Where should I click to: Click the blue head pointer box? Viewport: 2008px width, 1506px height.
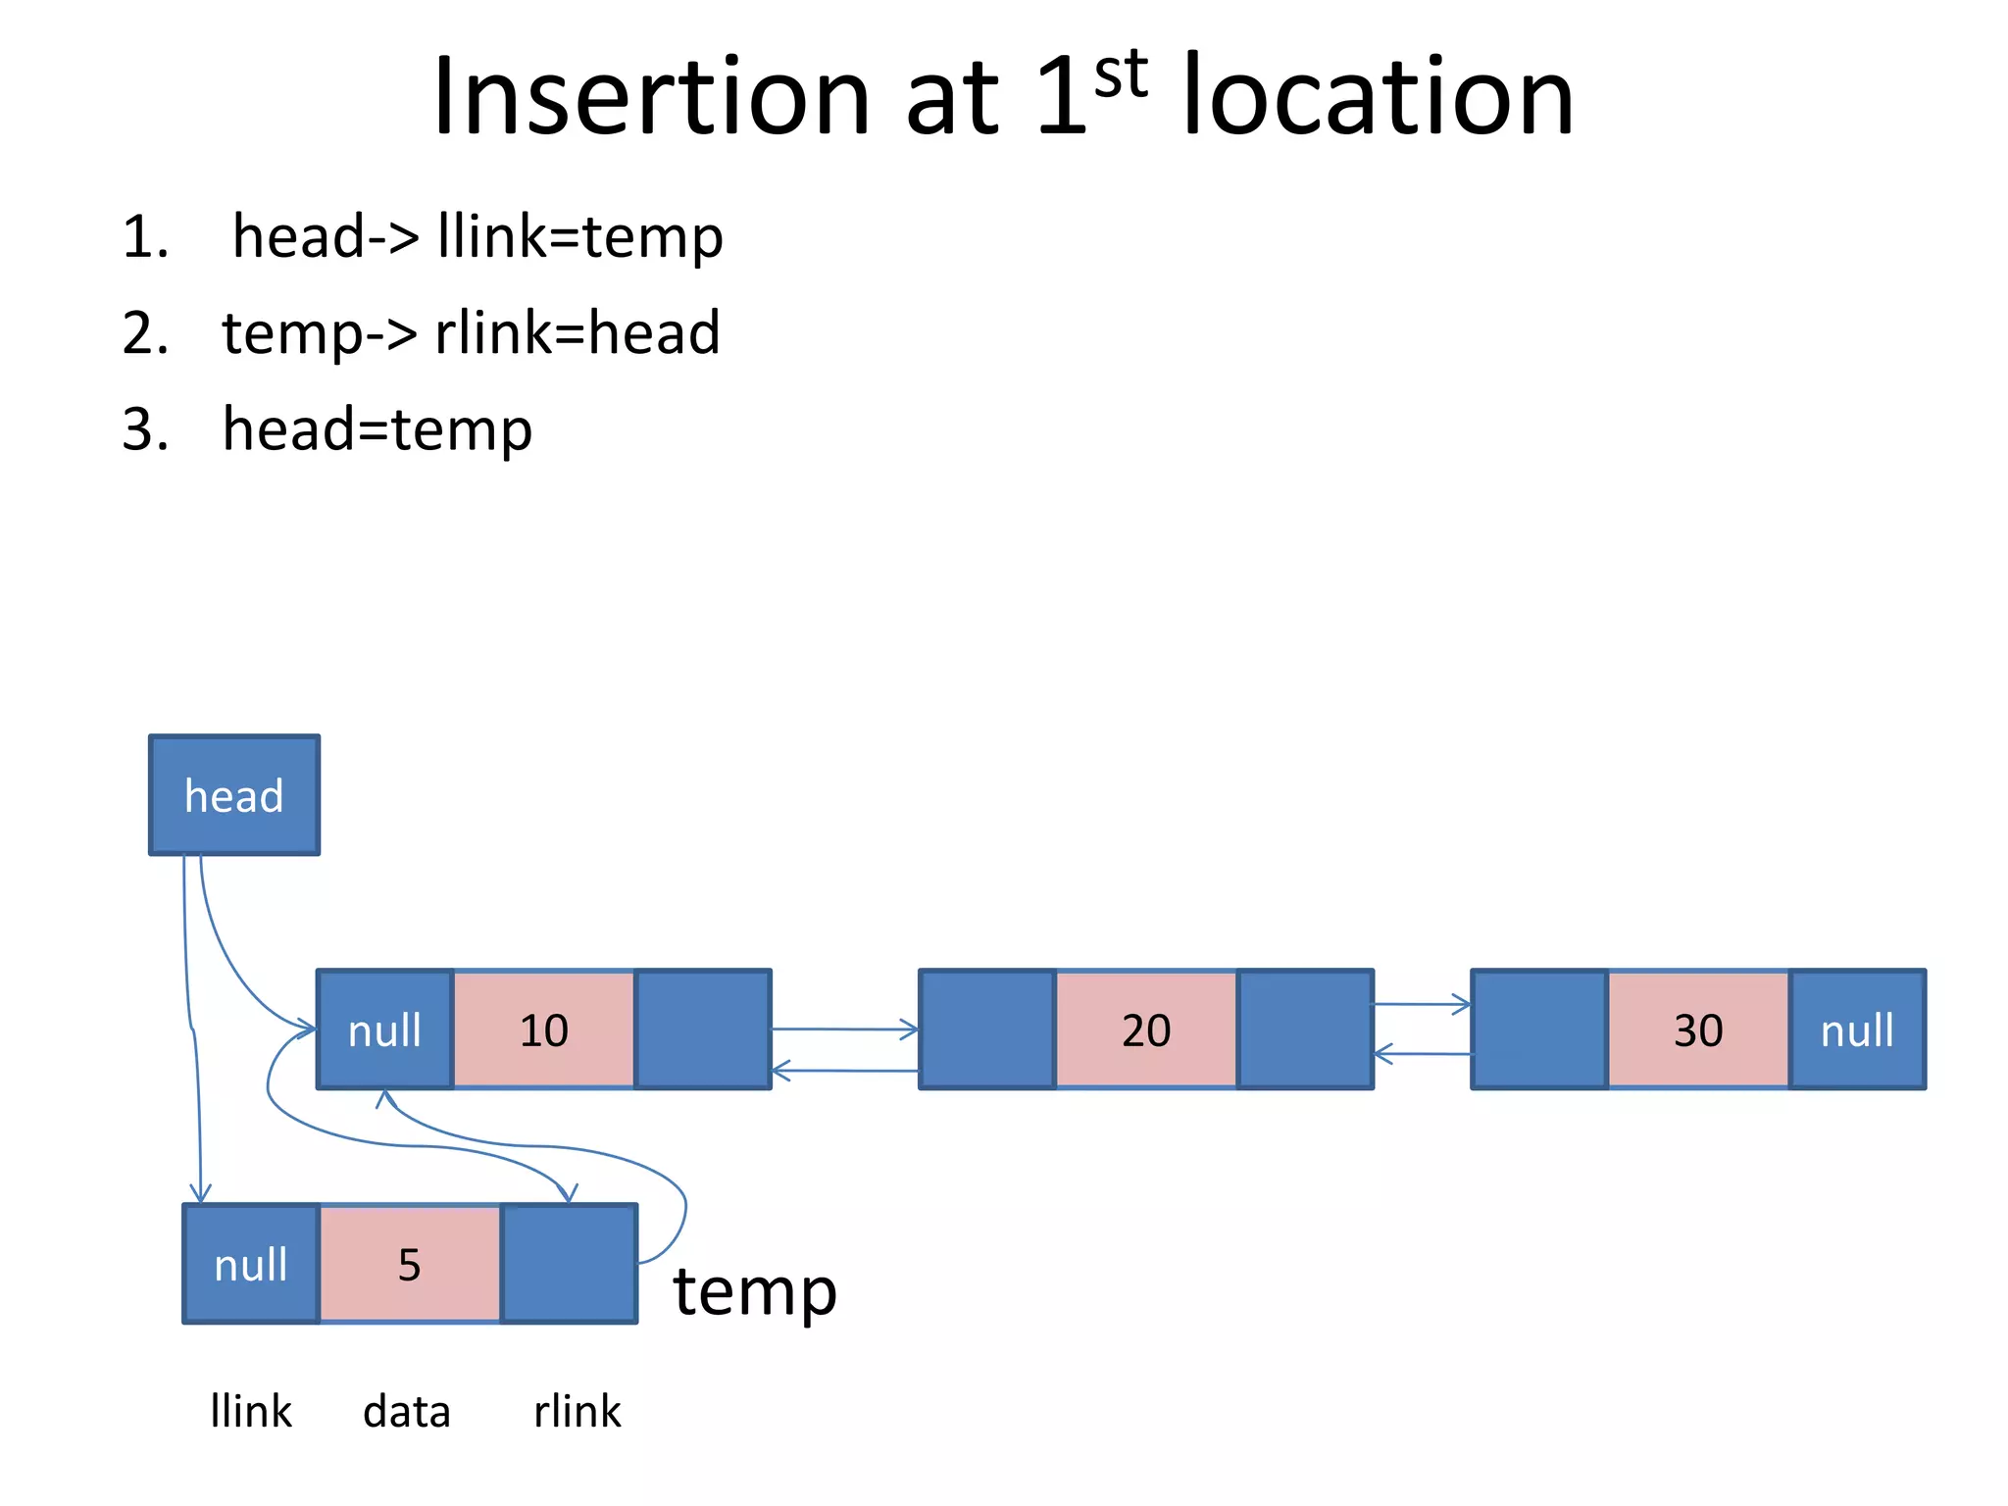(234, 795)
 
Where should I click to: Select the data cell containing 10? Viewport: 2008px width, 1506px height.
(544, 1029)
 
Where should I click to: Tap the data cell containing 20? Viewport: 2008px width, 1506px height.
(1146, 1029)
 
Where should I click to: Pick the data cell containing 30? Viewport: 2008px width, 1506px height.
(1698, 1029)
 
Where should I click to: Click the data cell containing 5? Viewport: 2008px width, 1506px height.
(410, 1264)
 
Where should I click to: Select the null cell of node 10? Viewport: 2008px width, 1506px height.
(385, 1029)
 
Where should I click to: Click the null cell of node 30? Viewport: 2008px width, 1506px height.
(1858, 1029)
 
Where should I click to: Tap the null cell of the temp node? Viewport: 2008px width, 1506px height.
(251, 1264)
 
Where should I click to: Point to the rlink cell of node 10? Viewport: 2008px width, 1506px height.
(703, 1029)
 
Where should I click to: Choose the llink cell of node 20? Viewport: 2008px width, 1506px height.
(987, 1029)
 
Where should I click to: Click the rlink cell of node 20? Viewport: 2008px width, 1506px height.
(1305, 1029)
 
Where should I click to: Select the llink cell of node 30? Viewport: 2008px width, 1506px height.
(1539, 1029)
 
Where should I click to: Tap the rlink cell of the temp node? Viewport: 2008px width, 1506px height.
(569, 1264)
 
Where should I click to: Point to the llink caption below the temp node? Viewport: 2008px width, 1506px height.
(251, 1412)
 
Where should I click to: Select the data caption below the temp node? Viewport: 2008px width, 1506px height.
(407, 1412)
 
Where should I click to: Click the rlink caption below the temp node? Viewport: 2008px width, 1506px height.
(577, 1412)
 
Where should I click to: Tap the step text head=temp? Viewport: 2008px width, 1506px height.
(377, 428)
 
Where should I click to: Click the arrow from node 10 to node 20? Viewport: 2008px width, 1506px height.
(843, 1029)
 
